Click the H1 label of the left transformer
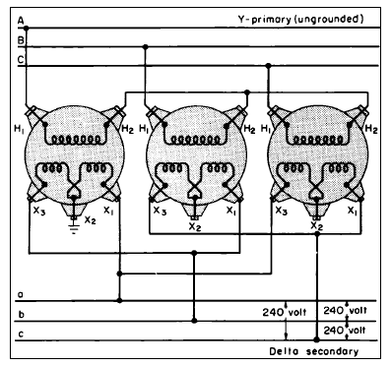(20, 126)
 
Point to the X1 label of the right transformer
(353, 210)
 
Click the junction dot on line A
(27, 28)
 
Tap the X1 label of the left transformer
(107, 210)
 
